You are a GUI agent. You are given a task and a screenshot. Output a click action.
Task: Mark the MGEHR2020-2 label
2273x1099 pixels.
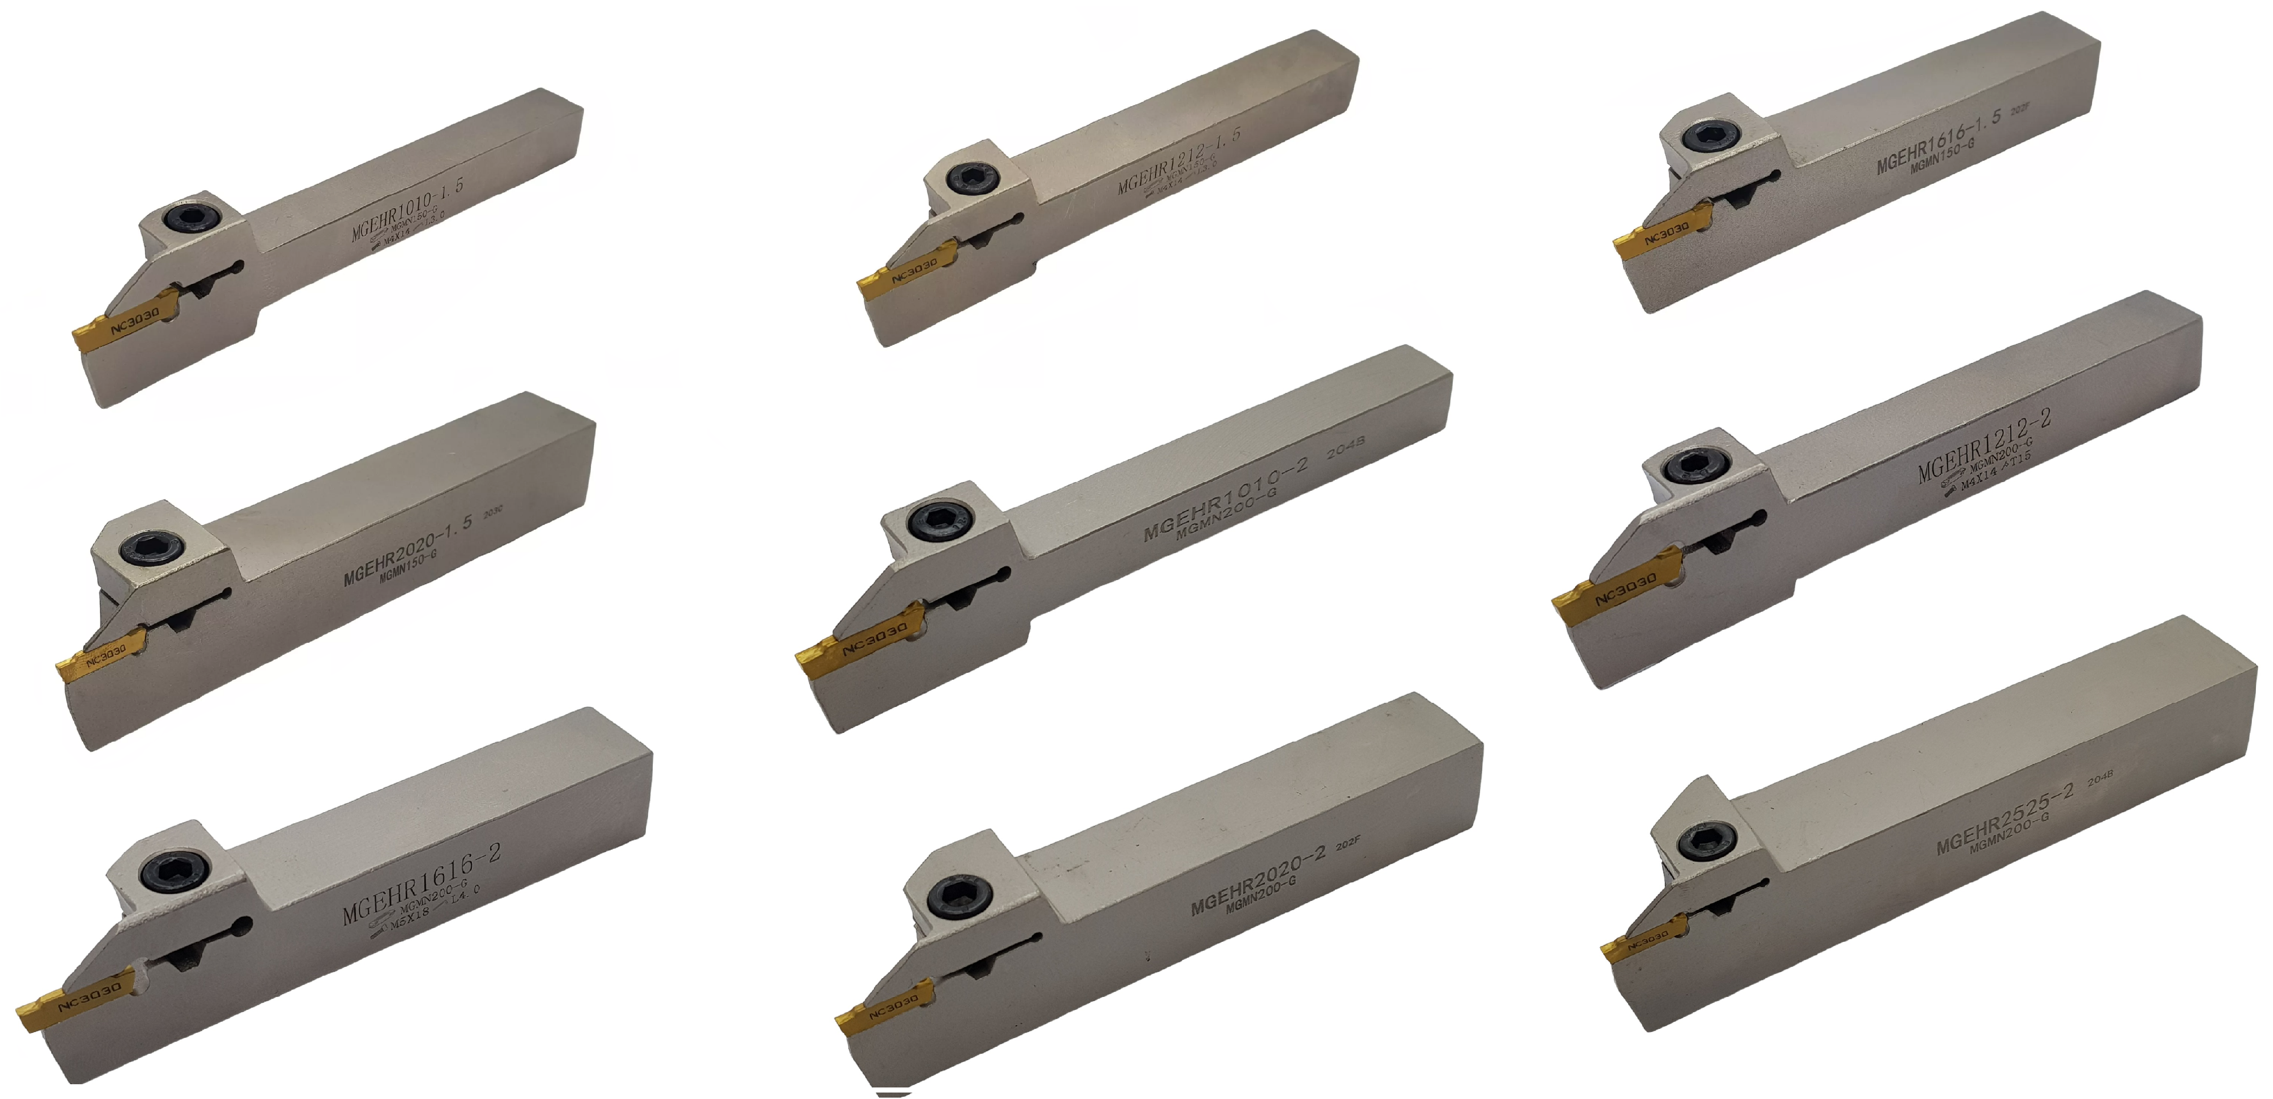1257,879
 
